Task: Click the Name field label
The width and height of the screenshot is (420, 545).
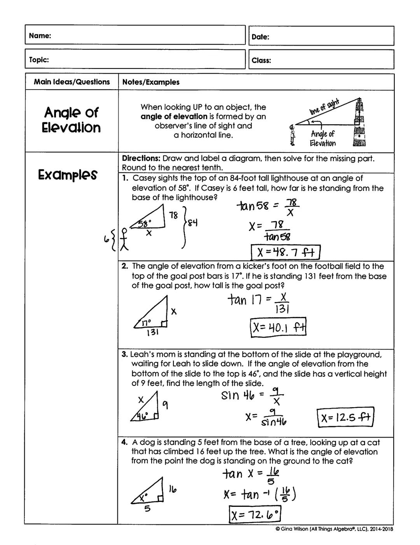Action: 40,36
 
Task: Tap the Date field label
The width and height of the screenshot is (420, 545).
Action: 261,37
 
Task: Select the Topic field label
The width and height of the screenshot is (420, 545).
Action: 39,60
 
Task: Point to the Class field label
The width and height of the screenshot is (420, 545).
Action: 261,60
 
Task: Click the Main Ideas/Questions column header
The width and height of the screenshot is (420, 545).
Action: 72,82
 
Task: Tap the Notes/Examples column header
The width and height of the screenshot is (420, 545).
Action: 151,82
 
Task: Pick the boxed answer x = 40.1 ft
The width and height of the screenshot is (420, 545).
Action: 278,328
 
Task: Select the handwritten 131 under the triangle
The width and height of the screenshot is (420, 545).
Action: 152,333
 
